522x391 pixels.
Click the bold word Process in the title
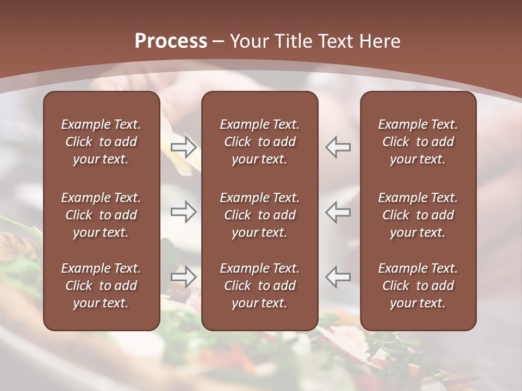[x=171, y=41]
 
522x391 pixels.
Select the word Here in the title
[x=380, y=41]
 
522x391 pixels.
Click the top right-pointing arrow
[x=183, y=147]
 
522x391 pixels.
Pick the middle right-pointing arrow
[x=183, y=212]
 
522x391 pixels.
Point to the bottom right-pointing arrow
[x=183, y=277]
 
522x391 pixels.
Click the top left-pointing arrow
[x=338, y=147]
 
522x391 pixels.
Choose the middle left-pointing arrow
[x=338, y=212]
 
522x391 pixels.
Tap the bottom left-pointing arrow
[x=338, y=277]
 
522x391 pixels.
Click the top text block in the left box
[x=101, y=142]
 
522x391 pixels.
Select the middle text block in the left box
[x=101, y=215]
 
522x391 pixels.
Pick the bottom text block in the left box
[x=101, y=286]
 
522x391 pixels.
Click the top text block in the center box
[x=260, y=142]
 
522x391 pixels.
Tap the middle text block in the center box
[x=260, y=215]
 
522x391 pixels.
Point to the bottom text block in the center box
[x=260, y=286]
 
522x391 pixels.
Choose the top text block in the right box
[x=418, y=142]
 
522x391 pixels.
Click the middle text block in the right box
[x=418, y=215]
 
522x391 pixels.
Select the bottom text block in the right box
[x=418, y=286]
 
